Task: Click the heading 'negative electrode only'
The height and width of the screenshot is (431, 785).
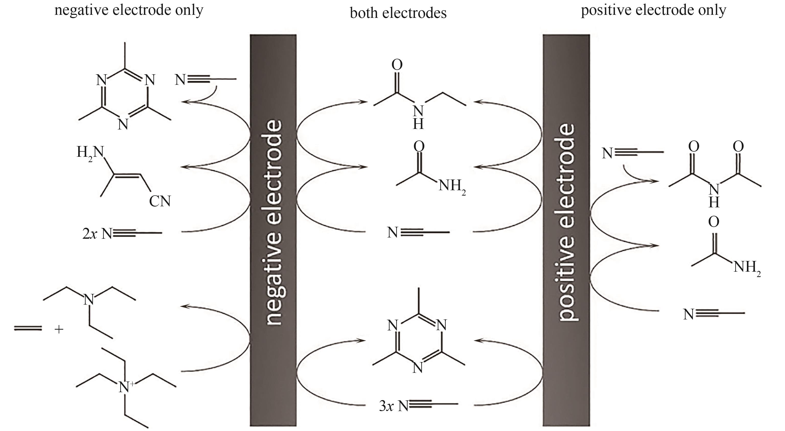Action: pyautogui.click(x=129, y=10)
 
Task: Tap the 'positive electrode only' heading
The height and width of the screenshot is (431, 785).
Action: pyautogui.click(x=653, y=10)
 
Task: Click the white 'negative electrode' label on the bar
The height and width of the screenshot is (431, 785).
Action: pyautogui.click(x=273, y=222)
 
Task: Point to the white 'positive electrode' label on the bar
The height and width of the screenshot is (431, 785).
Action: pyautogui.click(x=566, y=222)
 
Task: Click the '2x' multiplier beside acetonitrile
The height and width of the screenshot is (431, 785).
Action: pyautogui.click(x=89, y=234)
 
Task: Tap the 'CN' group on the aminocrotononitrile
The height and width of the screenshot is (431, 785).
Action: pyautogui.click(x=160, y=201)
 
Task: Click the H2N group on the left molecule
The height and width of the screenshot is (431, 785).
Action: pyautogui.click(x=90, y=152)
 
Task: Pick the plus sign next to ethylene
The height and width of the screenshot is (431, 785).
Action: pyautogui.click(x=59, y=329)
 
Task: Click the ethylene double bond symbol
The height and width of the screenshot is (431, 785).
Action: pyautogui.click(x=28, y=328)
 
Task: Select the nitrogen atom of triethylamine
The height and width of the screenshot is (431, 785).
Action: pyautogui.click(x=89, y=300)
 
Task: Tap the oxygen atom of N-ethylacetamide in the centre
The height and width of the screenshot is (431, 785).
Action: pyautogui.click(x=397, y=65)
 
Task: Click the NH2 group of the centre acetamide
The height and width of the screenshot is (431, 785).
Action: pyautogui.click(x=452, y=186)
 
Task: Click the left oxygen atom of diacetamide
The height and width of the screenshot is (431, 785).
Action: pyautogui.click(x=693, y=147)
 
